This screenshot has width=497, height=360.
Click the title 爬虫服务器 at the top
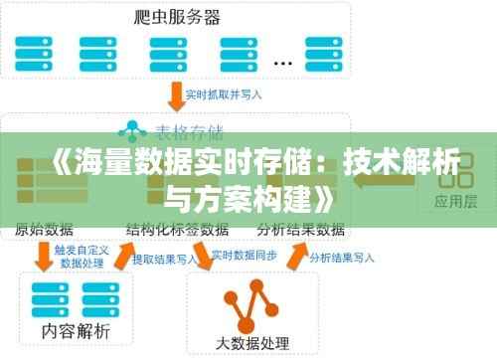coord(176,16)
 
